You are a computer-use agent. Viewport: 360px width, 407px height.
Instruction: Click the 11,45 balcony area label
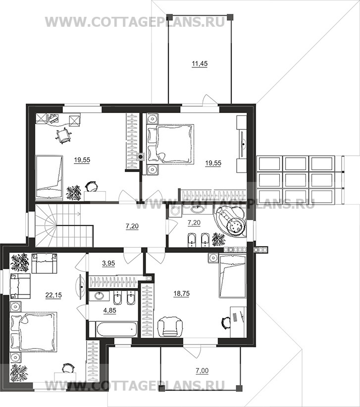[200, 63]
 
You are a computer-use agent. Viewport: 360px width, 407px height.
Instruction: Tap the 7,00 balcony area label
[202, 371]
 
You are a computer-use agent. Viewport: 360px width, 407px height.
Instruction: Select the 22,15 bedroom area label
[53, 295]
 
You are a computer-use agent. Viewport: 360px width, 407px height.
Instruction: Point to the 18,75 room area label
[182, 293]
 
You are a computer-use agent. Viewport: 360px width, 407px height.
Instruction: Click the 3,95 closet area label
[108, 263]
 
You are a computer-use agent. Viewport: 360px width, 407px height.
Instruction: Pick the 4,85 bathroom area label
[110, 310]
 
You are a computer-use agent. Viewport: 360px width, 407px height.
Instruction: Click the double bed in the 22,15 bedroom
[33, 332]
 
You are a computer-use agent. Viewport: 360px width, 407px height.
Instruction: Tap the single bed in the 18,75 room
[232, 276]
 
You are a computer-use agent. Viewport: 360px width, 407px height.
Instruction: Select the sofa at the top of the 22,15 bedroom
[44, 263]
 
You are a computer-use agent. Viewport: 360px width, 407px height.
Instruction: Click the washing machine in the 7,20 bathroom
[175, 211]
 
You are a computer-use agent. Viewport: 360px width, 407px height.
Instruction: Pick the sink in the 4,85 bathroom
[99, 295]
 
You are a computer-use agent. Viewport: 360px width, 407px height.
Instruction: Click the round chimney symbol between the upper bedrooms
[141, 157]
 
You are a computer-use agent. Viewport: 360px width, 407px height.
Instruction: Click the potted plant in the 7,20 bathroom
[218, 239]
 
